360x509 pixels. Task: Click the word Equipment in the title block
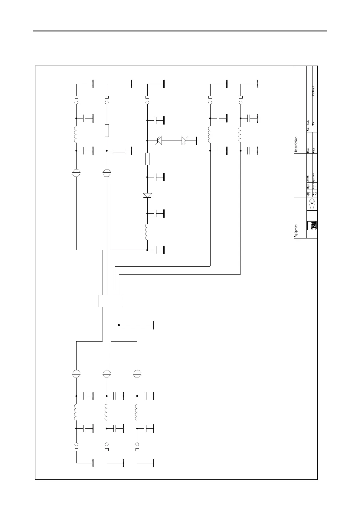click(296, 231)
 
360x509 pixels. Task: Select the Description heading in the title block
click(296, 144)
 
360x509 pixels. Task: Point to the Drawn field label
click(308, 179)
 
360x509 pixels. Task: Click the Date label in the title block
click(313, 150)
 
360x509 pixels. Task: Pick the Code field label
click(308, 122)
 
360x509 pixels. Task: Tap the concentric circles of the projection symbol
click(313, 201)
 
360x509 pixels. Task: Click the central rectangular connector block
click(111, 300)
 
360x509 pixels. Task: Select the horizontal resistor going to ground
click(119, 151)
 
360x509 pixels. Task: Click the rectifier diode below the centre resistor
click(147, 195)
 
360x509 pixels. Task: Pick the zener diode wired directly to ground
click(185, 140)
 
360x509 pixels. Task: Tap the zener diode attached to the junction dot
click(159, 140)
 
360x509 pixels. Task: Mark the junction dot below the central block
click(119, 325)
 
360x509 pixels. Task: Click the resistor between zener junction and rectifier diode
click(147, 159)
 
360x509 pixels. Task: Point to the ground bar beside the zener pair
click(196, 140)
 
